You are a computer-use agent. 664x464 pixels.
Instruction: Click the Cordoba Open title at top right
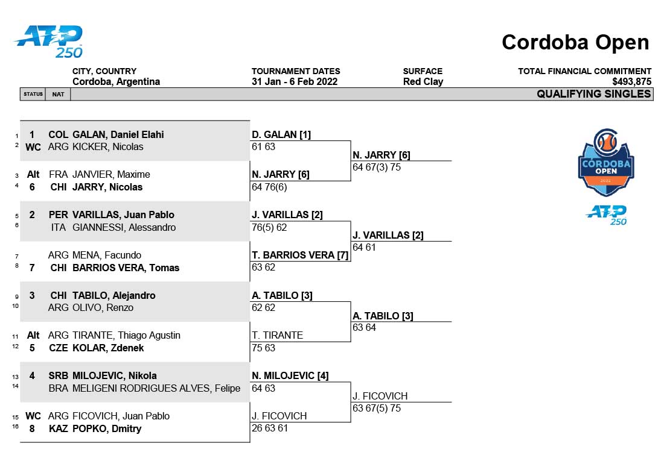coord(575,42)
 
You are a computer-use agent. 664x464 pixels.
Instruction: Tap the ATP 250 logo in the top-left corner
coord(49,42)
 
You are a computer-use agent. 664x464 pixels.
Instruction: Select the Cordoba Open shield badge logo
coord(606,162)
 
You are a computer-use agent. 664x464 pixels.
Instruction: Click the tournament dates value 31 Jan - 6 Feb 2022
coord(295,81)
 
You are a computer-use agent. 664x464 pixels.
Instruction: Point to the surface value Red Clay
coord(423,81)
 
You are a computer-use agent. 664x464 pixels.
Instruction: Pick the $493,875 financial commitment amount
coord(632,81)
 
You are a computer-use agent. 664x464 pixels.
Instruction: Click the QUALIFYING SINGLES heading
coord(594,94)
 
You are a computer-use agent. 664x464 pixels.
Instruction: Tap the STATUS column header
coord(33,94)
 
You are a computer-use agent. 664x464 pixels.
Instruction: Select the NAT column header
coord(58,94)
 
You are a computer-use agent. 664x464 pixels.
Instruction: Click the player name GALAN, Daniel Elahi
coord(118,134)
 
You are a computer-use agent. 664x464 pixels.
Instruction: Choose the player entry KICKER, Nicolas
coord(107,146)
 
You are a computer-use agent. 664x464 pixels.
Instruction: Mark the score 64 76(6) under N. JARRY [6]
coord(269,187)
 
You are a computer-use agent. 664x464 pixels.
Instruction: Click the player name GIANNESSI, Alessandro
coord(124,227)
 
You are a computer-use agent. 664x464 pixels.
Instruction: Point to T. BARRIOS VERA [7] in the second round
coord(300,255)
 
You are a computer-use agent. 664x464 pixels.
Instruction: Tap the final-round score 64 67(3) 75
coord(377,167)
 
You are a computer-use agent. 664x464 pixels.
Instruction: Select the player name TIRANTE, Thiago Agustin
coord(126,335)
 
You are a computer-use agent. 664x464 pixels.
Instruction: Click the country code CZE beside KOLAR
coord(59,348)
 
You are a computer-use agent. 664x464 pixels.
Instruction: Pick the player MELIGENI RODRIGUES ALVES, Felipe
coord(156,388)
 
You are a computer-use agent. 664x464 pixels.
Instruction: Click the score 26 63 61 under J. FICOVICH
coord(270,428)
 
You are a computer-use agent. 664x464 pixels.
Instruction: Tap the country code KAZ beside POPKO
coord(59,428)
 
